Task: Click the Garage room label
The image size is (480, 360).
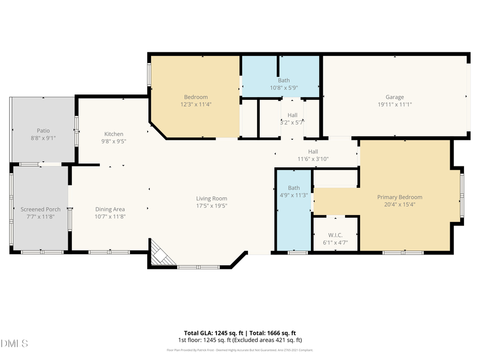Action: (395, 97)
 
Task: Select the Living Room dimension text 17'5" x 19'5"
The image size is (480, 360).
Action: (211, 205)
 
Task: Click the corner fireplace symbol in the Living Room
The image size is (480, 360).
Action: (161, 254)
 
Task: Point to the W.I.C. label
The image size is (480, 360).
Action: (335, 235)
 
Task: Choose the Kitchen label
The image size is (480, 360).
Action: (114, 134)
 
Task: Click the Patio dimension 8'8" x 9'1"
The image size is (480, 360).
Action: (43, 138)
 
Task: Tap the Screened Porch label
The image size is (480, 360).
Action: (41, 209)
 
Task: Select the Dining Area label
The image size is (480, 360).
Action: (110, 209)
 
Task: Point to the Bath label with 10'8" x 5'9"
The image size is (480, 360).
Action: (284, 81)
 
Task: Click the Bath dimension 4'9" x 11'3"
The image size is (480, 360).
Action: (294, 195)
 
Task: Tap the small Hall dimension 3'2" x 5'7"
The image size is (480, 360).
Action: (292, 122)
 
